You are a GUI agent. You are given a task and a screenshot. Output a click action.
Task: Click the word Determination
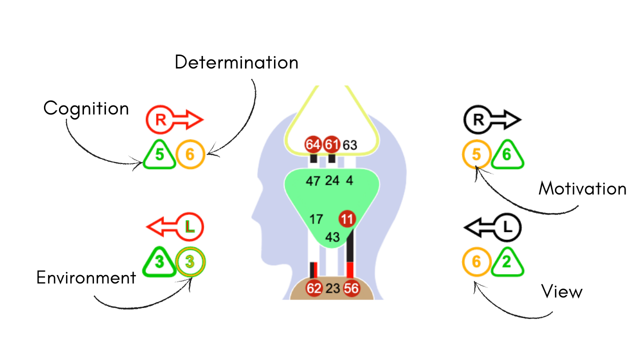pyautogui.click(x=236, y=62)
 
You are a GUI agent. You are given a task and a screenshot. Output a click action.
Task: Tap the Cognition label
pyautogui.click(x=86, y=108)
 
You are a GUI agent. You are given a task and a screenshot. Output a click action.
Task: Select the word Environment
pyautogui.click(x=86, y=277)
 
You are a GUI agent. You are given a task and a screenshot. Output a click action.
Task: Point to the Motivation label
pyautogui.click(x=582, y=188)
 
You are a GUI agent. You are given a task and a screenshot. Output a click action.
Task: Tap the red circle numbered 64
pyautogui.click(x=313, y=145)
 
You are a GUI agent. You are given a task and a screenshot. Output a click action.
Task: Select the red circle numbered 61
pyautogui.click(x=331, y=145)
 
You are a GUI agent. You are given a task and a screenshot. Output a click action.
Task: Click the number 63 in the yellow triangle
pyautogui.click(x=350, y=145)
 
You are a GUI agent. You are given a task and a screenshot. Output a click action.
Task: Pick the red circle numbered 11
pyautogui.click(x=347, y=218)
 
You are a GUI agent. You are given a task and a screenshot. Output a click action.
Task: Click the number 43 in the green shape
pyautogui.click(x=332, y=237)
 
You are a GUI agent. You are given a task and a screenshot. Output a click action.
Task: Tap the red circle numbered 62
pyautogui.click(x=314, y=288)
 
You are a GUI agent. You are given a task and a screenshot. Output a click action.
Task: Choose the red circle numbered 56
pyautogui.click(x=351, y=288)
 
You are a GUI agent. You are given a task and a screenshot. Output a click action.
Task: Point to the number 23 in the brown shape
pyautogui.click(x=332, y=288)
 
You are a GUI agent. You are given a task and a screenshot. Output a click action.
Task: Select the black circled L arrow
pyautogui.click(x=493, y=227)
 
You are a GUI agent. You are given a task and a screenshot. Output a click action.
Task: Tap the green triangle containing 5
pyautogui.click(x=159, y=155)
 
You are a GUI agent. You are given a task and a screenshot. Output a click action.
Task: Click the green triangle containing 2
pyautogui.click(x=507, y=263)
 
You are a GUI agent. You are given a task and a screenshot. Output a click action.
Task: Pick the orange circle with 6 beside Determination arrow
pyautogui.click(x=190, y=154)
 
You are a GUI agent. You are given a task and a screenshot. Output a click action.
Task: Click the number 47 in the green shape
pyautogui.click(x=313, y=181)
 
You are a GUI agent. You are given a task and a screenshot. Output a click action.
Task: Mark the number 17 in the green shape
pyautogui.click(x=316, y=219)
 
